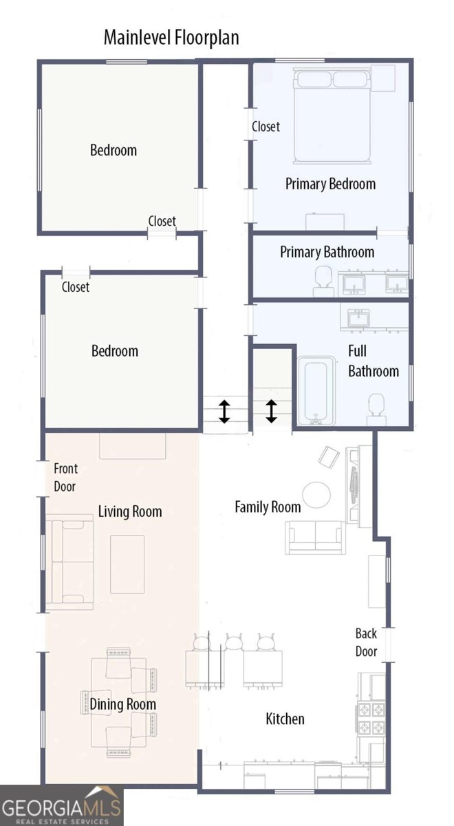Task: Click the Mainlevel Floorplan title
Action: point(171,37)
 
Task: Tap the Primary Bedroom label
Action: point(330,184)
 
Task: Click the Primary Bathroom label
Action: point(327,252)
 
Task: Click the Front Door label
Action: point(66,477)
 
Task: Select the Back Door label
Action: point(366,642)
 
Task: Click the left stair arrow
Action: point(224,411)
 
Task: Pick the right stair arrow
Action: point(271,411)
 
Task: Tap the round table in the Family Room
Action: point(317,494)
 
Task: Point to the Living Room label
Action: point(130,511)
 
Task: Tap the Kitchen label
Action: point(285,719)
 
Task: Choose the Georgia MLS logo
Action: point(61,806)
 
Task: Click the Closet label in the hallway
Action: point(266,127)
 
